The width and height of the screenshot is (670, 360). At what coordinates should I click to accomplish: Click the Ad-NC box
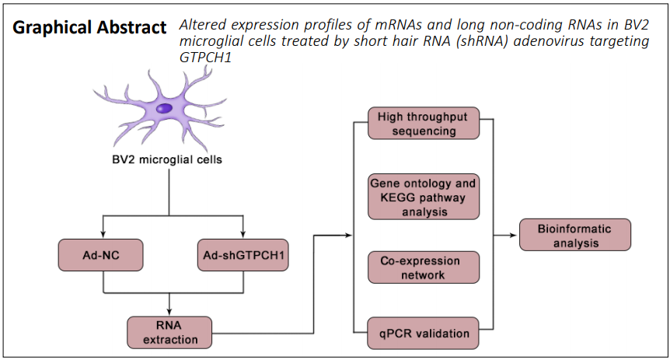coord(101,255)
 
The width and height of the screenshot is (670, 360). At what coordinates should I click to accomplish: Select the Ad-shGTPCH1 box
coord(243,255)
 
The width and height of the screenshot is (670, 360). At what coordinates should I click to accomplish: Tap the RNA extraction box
coord(169,332)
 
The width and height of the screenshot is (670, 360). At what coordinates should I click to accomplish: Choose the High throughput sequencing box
coord(424,123)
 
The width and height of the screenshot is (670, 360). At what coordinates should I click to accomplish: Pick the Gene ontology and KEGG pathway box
coord(424,197)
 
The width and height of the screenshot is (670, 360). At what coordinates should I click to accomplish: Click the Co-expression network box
coord(424,267)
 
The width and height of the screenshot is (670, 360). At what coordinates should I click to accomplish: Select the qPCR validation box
coord(423,333)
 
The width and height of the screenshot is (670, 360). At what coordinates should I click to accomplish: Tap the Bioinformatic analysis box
coord(575,235)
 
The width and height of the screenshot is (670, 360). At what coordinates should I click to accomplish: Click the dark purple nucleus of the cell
coord(164,108)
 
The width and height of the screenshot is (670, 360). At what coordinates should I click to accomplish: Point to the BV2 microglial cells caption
coord(167,159)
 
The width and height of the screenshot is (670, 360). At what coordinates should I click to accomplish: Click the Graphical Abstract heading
coord(89,28)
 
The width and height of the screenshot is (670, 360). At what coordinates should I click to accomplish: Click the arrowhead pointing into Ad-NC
coord(103,234)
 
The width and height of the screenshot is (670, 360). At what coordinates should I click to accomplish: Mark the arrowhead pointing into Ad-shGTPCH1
coord(243,234)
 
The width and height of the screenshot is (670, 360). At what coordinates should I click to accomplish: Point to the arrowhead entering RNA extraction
coord(169,312)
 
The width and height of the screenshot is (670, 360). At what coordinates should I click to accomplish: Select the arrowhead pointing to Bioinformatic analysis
coord(514,235)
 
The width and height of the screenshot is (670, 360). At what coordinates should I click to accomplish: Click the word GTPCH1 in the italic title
coord(205,58)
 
